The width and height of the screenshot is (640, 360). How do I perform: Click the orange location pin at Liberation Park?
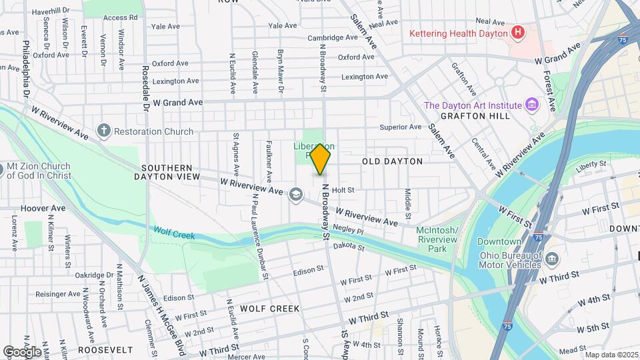point(321,159)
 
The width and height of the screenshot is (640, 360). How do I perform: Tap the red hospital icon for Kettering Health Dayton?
point(517,33)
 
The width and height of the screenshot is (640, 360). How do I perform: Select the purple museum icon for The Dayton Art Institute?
point(531,105)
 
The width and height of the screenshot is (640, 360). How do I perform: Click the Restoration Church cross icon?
point(103,131)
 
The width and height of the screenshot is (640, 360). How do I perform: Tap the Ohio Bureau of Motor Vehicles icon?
point(552,259)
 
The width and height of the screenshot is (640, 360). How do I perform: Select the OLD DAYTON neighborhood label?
point(392,161)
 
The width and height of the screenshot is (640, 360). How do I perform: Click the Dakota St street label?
point(350,247)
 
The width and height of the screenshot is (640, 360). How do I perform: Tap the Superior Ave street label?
point(400,127)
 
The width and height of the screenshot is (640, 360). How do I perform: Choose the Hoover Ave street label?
point(43,208)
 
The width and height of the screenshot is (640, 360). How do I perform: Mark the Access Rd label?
point(125,17)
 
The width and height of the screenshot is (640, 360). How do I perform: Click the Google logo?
point(21,351)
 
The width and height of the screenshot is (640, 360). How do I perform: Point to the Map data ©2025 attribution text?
point(611,355)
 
